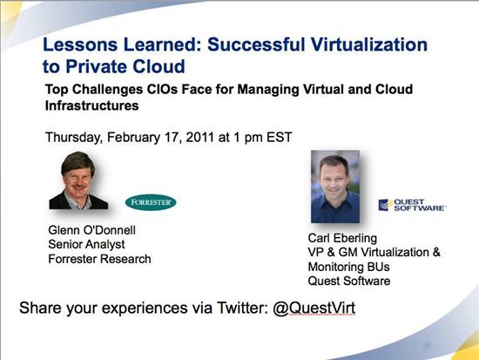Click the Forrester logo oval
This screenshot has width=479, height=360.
coord(151,202)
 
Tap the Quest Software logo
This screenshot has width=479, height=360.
coord(412,205)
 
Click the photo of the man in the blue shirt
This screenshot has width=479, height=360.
coord(335,187)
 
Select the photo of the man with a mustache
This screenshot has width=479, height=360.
coord(78,180)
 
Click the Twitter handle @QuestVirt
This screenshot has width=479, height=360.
coord(314,308)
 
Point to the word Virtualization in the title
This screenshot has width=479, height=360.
coord(369,44)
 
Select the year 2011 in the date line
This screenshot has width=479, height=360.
coord(199,137)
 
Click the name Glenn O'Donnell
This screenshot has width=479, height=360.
coord(92,230)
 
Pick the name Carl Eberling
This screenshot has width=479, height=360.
coord(342,238)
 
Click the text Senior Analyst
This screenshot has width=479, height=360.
coord(86,244)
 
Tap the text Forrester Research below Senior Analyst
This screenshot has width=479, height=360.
coord(99,259)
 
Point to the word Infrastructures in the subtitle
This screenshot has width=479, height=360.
coord(92,105)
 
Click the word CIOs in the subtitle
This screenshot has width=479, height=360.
coord(163,89)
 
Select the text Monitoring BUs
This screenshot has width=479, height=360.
coord(349,267)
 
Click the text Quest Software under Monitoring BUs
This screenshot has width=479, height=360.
coord(349,281)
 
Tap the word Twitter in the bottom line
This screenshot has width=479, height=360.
coord(242,308)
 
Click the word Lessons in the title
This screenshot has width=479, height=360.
coord(80,44)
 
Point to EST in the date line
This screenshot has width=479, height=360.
coord(280,137)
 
